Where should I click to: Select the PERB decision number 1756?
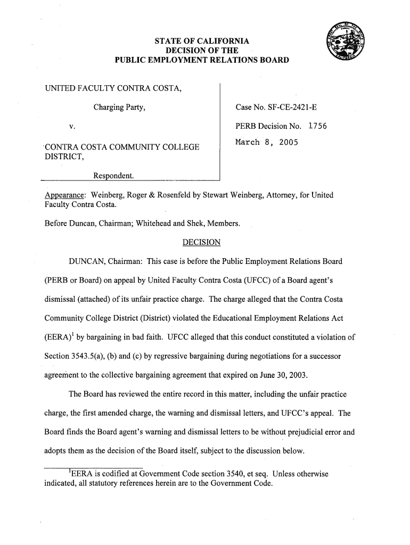point(314,127)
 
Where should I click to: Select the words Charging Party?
point(120,109)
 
